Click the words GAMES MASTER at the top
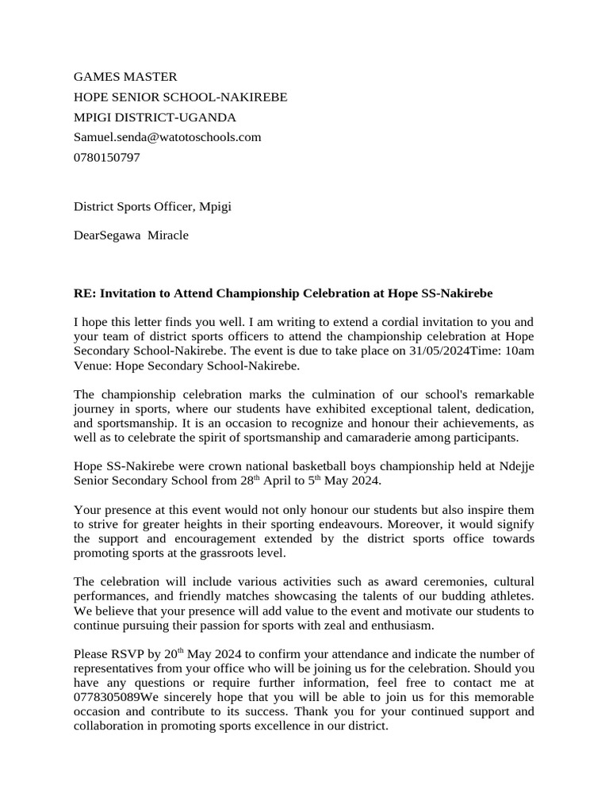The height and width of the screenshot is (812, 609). click(x=125, y=77)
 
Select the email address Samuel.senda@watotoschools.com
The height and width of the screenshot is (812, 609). click(x=167, y=137)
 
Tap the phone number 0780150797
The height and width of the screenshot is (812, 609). click(x=107, y=157)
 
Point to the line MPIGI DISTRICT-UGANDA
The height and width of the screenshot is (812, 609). click(x=155, y=117)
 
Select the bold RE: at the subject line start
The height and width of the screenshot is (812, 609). click(x=84, y=293)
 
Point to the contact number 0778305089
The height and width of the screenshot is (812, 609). click(x=107, y=697)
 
